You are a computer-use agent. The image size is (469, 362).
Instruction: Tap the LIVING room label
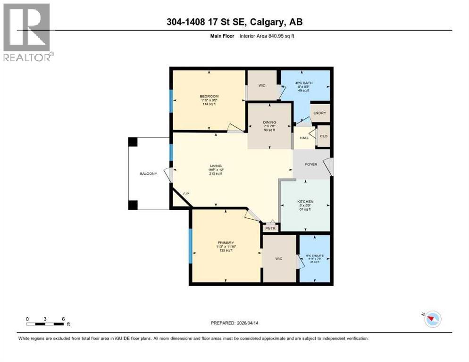(x=216, y=166)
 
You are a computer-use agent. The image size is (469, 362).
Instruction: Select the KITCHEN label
(x=305, y=202)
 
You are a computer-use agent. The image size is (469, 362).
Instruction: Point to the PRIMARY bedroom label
(x=226, y=243)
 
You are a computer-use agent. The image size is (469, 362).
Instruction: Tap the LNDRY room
(x=320, y=114)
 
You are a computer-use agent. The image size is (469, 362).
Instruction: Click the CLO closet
(x=324, y=136)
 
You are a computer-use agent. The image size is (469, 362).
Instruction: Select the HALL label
(x=304, y=138)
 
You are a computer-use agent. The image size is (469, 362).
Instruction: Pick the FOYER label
(x=311, y=165)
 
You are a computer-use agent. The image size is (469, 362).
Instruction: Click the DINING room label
(x=269, y=123)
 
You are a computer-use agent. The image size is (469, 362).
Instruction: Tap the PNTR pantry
(x=271, y=228)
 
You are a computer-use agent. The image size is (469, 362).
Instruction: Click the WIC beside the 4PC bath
(x=262, y=86)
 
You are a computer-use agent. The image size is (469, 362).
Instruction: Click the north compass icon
(x=431, y=319)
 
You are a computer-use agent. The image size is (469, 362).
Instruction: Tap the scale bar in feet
(x=45, y=323)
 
